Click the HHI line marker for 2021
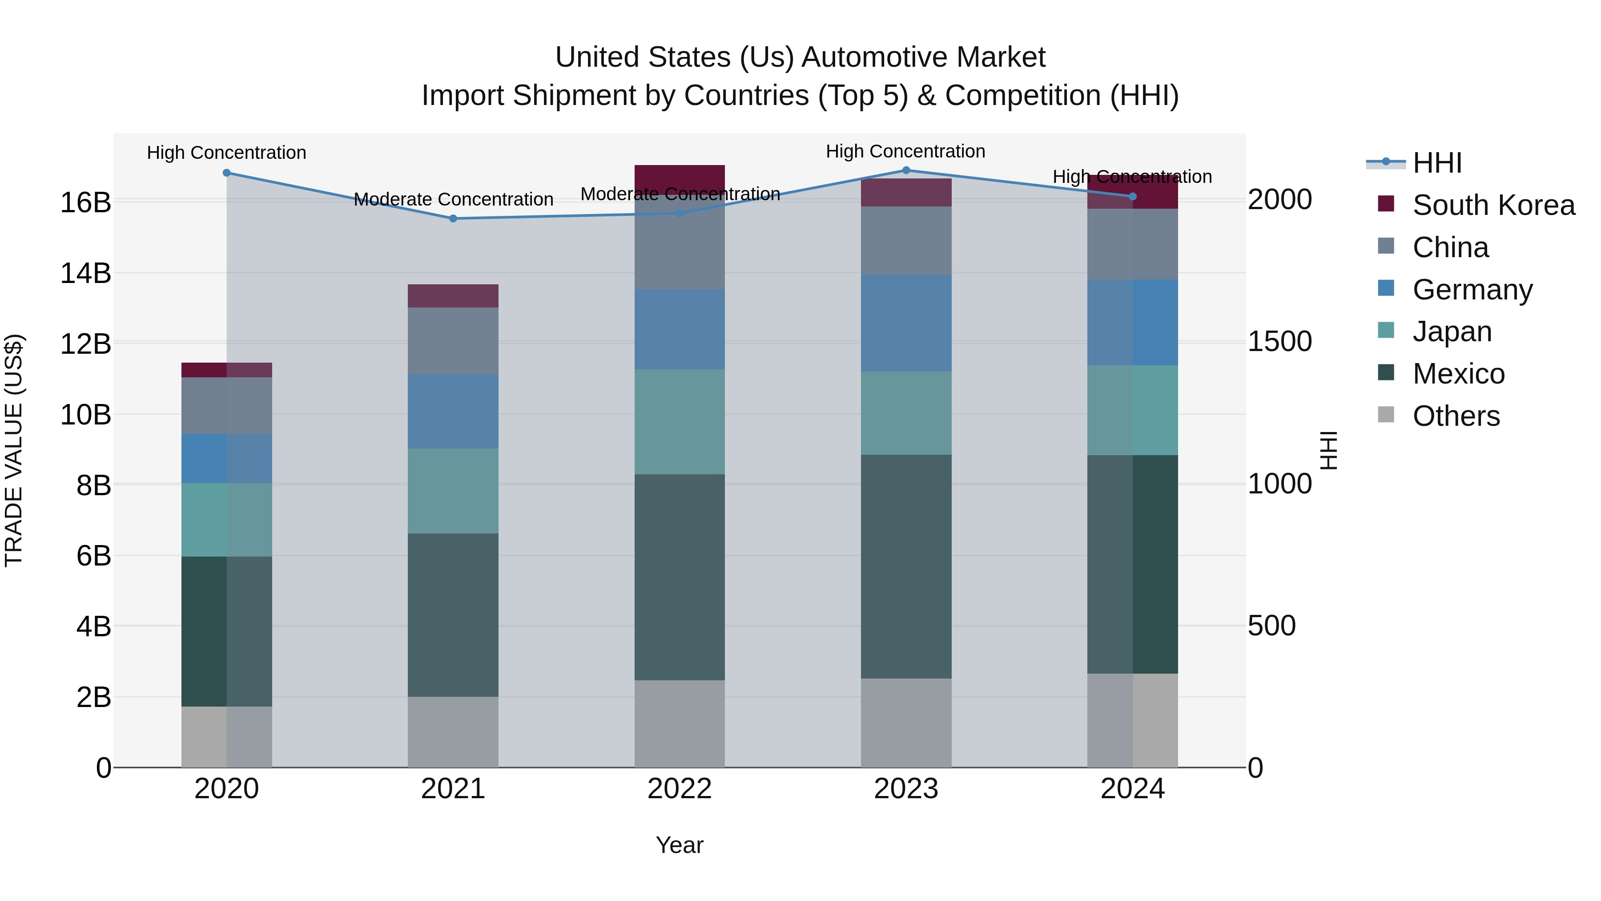click(x=453, y=218)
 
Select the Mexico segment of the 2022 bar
click(x=679, y=577)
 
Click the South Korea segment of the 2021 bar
click(x=453, y=296)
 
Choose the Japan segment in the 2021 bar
click(x=453, y=491)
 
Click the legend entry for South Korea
click(x=1493, y=205)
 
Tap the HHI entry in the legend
click(x=1436, y=163)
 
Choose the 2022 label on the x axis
click(x=679, y=789)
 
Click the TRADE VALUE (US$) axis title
click(x=14, y=450)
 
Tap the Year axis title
click(x=679, y=845)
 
